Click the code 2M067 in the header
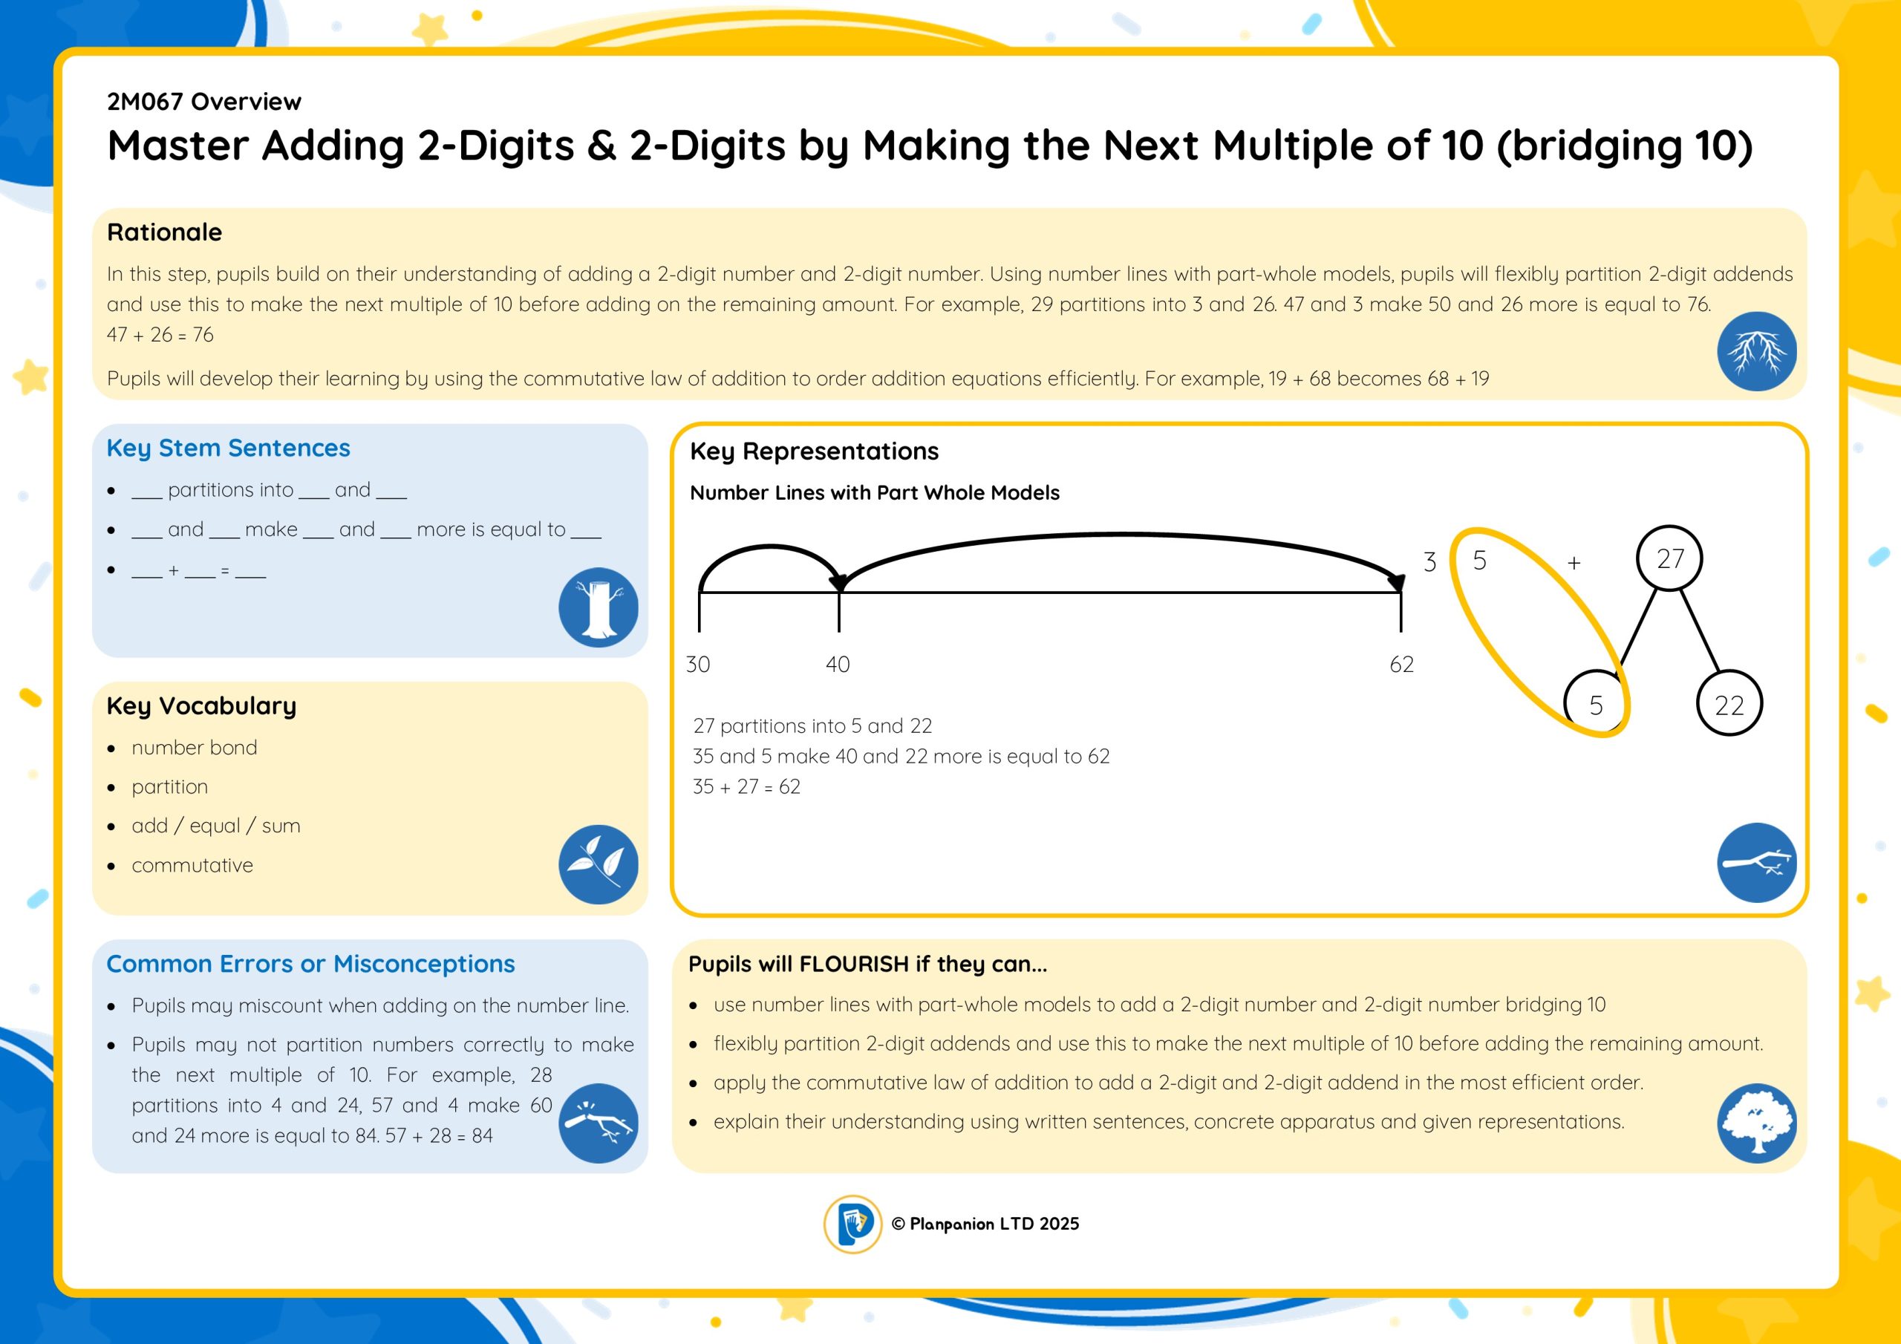click(x=145, y=101)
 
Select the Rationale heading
click(x=164, y=232)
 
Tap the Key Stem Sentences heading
click(x=229, y=448)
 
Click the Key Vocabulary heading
click(x=201, y=705)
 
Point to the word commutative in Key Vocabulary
click(x=192, y=865)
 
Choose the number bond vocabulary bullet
click(x=195, y=748)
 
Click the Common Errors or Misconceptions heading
click(x=310, y=964)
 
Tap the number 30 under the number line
click(x=698, y=664)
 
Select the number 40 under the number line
click(x=838, y=664)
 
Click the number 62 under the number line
click(x=1402, y=664)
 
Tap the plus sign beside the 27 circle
click(x=1574, y=562)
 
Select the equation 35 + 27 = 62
click(x=747, y=786)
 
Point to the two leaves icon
click(x=599, y=864)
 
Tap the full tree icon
click(x=1757, y=1123)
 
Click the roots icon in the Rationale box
click(x=1757, y=351)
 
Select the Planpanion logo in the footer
click(x=852, y=1224)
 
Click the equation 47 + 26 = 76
click(x=160, y=335)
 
